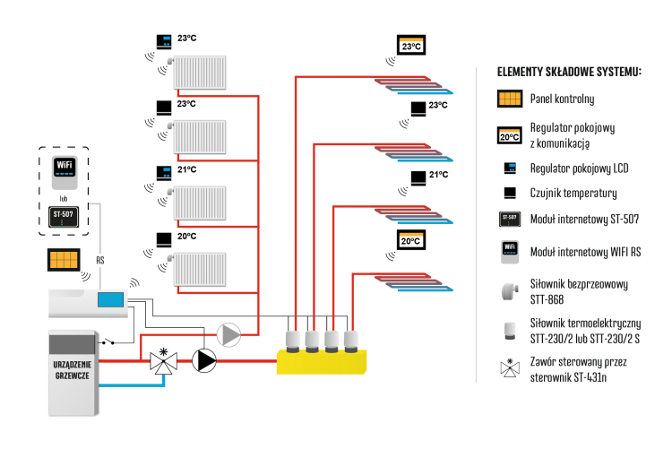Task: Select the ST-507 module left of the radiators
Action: click(62, 215)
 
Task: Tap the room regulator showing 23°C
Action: click(410, 45)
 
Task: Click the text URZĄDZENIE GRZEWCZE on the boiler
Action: click(73, 371)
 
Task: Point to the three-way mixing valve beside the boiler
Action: click(163, 361)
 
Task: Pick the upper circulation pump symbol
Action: click(228, 334)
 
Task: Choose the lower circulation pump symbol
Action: click(204, 360)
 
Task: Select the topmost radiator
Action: click(200, 73)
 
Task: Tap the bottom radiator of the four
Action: click(200, 269)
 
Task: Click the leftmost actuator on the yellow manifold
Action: click(292, 340)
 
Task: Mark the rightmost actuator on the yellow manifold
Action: click(352, 340)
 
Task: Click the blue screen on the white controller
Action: click(110, 299)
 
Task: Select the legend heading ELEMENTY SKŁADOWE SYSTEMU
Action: click(569, 71)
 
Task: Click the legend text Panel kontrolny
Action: click(562, 99)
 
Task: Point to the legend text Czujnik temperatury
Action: click(573, 193)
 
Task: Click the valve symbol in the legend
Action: click(509, 367)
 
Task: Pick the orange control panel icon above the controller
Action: click(64, 260)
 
